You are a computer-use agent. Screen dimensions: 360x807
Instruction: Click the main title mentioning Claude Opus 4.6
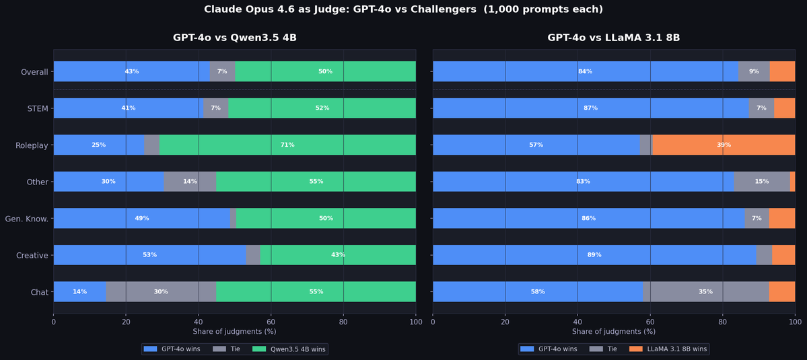[403, 9]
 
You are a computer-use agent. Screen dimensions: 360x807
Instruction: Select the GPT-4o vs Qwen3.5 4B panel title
[234, 38]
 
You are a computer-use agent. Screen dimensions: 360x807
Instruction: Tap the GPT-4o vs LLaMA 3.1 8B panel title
[613, 38]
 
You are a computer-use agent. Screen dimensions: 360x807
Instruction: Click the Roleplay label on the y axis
[32, 145]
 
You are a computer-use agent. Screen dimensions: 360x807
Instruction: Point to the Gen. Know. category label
[27, 219]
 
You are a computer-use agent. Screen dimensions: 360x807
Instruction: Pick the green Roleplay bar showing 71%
[287, 145]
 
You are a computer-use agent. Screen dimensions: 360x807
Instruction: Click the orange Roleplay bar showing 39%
[724, 145]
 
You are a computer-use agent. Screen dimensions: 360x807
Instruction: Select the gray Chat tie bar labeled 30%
[161, 291]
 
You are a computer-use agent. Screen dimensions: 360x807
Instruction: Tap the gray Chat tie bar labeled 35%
[706, 291]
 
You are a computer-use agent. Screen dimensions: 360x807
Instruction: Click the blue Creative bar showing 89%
[594, 255]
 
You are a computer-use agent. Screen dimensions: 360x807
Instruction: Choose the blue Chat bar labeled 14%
[79, 291]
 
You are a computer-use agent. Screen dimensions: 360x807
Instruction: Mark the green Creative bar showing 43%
[338, 255]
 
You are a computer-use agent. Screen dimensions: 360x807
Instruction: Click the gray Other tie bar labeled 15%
[762, 182]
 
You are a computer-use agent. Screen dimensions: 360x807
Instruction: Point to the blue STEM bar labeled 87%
[590, 108]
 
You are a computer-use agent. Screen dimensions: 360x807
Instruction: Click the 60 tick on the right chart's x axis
[650, 322]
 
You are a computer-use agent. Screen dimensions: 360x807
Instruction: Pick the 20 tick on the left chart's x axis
[126, 322]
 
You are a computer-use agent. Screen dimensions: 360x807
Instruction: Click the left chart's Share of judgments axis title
[234, 332]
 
